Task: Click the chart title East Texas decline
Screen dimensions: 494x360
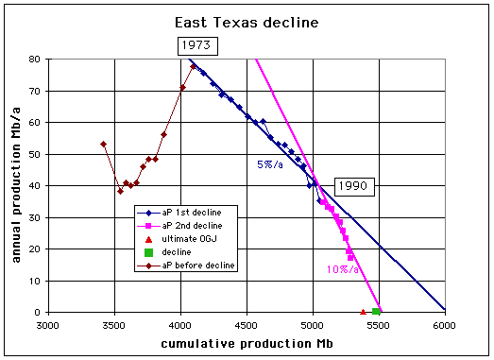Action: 247,23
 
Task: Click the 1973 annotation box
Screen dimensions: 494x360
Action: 197,46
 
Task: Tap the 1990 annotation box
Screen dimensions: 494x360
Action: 354,187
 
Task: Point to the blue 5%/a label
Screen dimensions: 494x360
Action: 270,164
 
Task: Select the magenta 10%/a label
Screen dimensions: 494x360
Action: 343,269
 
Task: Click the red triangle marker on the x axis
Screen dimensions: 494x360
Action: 363,312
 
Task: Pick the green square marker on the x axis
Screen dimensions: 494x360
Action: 376,312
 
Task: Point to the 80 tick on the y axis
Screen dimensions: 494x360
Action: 34,59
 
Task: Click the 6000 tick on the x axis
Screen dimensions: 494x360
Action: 444,325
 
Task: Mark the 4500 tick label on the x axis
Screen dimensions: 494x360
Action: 247,325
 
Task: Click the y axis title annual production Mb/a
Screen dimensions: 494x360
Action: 16,185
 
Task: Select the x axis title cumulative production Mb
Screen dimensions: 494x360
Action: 247,344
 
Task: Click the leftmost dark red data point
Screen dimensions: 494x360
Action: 103,144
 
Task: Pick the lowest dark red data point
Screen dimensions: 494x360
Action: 120,192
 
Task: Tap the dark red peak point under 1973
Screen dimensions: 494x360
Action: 193,66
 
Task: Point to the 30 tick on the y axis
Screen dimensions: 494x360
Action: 34,218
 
